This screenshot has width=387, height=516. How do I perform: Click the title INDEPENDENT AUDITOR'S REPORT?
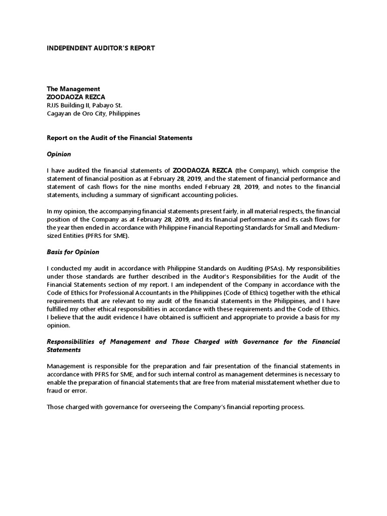pos(101,48)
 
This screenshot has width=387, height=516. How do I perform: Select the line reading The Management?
pos(74,89)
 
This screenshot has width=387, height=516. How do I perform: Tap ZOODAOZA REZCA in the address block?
pos(76,97)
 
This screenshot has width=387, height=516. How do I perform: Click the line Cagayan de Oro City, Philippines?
pos(93,113)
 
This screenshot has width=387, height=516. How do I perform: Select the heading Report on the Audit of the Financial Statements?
pos(119,138)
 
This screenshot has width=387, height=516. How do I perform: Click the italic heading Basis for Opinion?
pos(73,252)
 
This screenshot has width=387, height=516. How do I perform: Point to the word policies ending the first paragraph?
pos(224,195)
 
